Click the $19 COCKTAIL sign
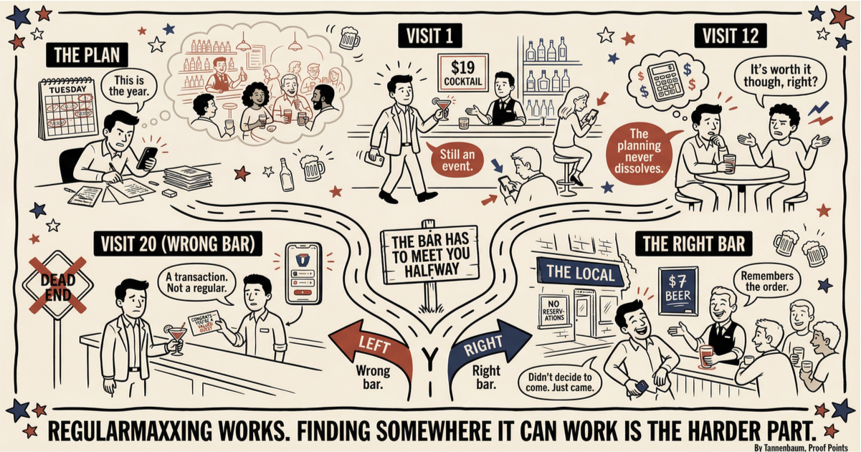[463, 72]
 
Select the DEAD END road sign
[57, 284]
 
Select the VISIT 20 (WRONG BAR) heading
[175, 244]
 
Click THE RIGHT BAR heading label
[693, 244]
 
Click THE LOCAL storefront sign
[580, 273]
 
